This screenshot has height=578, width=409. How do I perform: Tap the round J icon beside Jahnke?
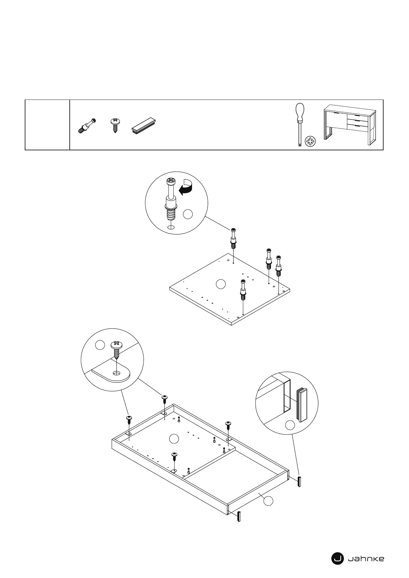(337, 559)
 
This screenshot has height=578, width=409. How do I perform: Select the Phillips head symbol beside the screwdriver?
(310, 141)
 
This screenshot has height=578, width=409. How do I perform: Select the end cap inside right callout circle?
(302, 405)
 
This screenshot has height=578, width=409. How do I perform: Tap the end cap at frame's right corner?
(299, 482)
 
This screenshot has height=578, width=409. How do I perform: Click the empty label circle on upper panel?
(221, 284)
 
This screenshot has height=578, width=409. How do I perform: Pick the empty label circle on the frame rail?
(268, 501)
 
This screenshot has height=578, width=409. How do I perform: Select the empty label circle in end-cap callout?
(290, 425)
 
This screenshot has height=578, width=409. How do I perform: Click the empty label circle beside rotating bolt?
(188, 214)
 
